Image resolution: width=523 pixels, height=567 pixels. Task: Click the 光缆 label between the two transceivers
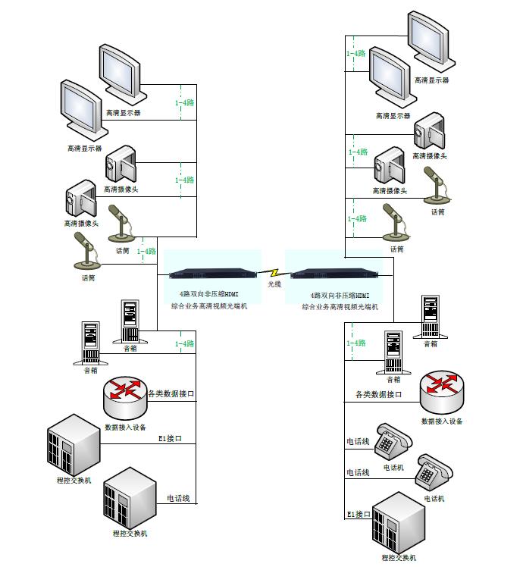point(274,284)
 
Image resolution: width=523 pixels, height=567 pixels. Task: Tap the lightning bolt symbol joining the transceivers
point(274,271)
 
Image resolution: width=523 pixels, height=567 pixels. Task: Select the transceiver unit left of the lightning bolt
point(215,274)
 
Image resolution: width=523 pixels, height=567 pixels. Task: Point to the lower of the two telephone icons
point(434,474)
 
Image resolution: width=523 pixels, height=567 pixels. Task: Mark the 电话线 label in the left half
point(178,499)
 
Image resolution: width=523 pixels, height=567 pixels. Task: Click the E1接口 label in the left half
point(171,439)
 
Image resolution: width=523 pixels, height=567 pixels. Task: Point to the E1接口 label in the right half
point(358,515)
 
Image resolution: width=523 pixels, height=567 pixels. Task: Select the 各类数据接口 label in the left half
point(171,394)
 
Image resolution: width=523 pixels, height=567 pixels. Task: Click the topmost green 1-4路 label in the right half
point(356,55)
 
